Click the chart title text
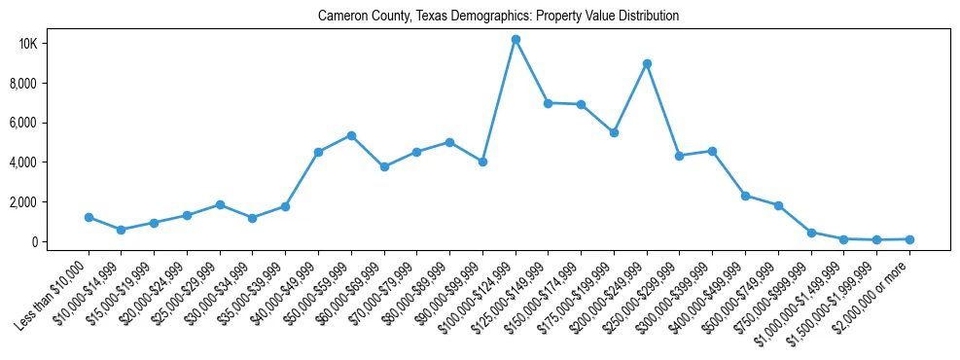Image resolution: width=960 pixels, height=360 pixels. coord(498,16)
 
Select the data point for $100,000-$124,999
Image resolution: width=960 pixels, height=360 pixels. coord(516,39)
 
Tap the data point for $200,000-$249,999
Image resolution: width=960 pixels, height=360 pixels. coord(647,63)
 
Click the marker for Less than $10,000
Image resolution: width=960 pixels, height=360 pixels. coord(89,217)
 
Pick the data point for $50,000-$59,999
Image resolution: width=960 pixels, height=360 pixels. coord(351,135)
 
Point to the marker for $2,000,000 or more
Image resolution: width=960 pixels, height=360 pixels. coord(909,238)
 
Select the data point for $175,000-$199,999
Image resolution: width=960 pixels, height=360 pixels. coord(614,132)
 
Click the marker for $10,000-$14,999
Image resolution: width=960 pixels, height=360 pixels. coord(121,230)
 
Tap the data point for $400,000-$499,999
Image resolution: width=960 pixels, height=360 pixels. coord(745,196)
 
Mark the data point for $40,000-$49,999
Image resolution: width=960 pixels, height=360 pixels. coord(318,152)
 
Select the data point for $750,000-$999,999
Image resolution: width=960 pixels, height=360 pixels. coord(811,233)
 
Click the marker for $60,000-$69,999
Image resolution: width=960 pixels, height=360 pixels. coord(384,166)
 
